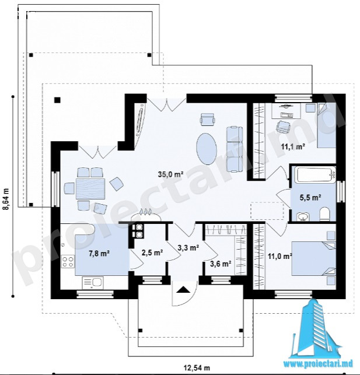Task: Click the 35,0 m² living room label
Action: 170,174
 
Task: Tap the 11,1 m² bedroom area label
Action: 293,146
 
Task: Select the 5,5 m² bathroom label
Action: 310,197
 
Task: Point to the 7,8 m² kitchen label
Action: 99,253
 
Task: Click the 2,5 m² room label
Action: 152,253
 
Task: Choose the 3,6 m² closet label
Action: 221,264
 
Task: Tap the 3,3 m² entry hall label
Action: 188,248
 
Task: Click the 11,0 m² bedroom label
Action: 280,257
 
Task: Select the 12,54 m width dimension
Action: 197,367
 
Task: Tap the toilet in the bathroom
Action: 324,213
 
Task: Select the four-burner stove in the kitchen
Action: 68,261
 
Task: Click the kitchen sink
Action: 93,283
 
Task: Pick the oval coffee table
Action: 207,149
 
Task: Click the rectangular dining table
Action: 90,188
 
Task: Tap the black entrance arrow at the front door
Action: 183,290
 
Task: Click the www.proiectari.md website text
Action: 318,364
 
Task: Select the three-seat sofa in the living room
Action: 235,149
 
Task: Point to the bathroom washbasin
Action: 303,216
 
